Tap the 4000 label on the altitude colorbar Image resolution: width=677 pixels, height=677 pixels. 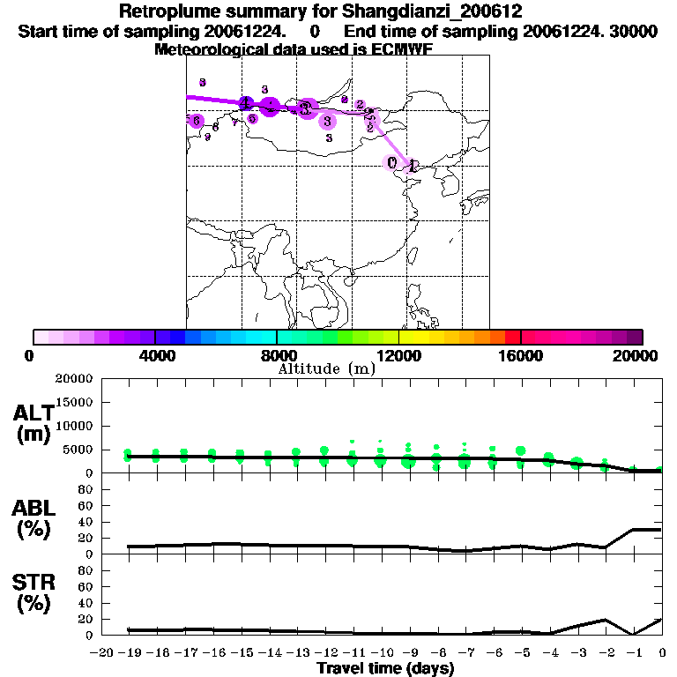[155, 355]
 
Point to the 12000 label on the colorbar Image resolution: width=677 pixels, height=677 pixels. [398, 355]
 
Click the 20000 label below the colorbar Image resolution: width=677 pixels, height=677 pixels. [643, 355]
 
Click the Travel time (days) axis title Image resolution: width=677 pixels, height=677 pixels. [385, 669]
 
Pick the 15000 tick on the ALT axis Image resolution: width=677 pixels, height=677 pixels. [73, 402]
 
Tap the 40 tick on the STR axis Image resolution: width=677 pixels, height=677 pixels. [86, 603]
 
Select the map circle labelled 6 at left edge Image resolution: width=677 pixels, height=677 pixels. [197, 121]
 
